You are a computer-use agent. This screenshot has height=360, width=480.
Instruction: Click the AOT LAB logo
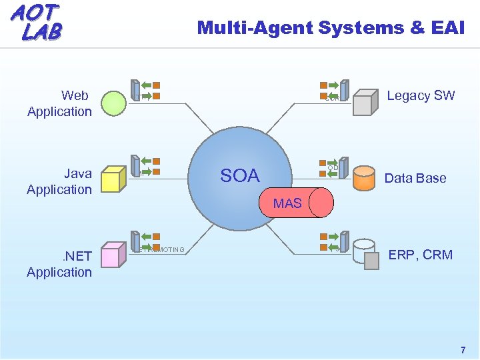(x=36, y=21)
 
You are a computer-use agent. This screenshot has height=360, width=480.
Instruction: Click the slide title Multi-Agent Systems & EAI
(x=331, y=27)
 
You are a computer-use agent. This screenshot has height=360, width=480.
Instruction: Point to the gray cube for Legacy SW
(x=365, y=103)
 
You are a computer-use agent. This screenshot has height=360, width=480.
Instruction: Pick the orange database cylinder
(x=364, y=178)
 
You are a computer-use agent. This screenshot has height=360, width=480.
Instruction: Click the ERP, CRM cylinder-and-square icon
(x=366, y=254)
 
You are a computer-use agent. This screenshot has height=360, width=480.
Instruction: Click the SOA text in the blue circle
(x=239, y=176)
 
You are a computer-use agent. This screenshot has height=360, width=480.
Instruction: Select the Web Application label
(x=59, y=103)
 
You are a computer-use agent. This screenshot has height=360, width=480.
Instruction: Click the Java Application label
(x=59, y=181)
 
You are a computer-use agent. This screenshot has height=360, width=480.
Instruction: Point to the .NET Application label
(x=59, y=263)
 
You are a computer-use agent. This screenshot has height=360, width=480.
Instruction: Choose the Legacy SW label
(x=421, y=95)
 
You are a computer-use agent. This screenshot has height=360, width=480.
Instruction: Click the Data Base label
(x=415, y=178)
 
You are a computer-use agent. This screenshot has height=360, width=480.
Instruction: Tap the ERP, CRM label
(x=421, y=255)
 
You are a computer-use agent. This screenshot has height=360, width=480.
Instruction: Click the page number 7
(x=463, y=350)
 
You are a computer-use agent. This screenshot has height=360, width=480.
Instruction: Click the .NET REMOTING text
(x=159, y=250)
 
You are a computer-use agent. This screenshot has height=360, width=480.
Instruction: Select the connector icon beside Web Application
(x=145, y=89)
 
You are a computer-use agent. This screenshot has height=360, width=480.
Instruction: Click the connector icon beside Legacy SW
(x=334, y=89)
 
